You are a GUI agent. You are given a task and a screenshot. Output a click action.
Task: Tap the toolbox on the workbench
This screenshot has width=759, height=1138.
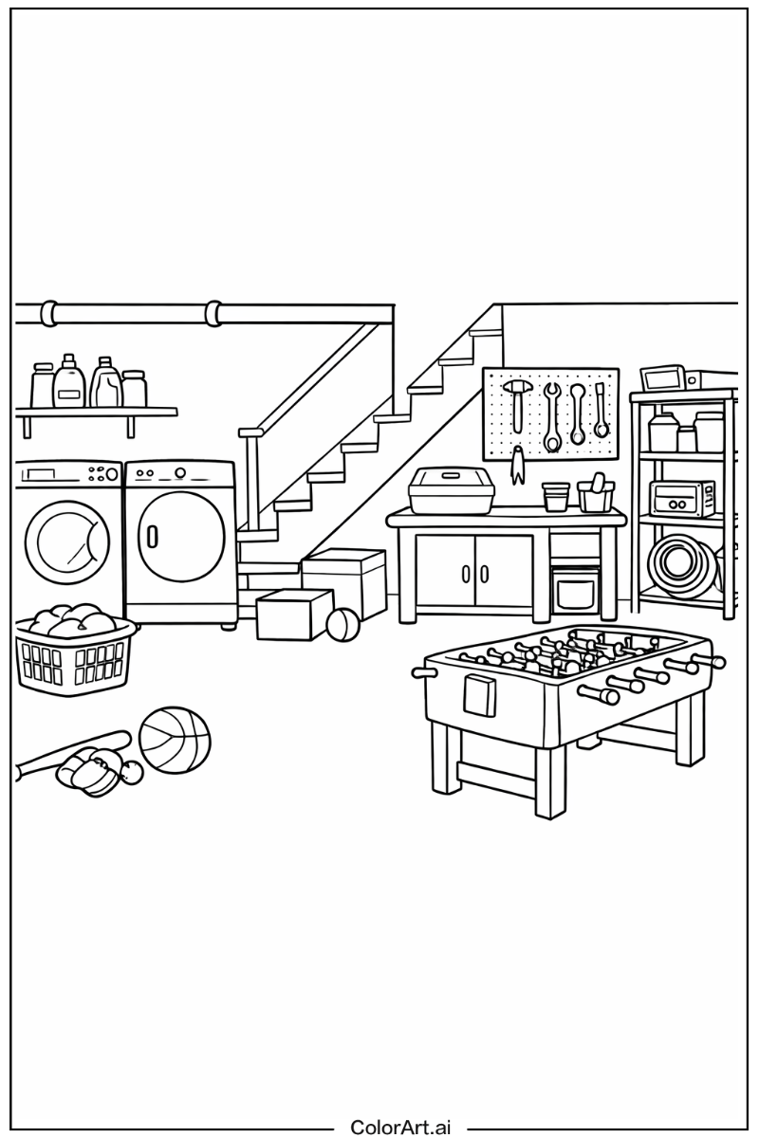click(451, 490)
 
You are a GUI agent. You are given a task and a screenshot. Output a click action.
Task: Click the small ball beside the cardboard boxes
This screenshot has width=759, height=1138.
click(342, 625)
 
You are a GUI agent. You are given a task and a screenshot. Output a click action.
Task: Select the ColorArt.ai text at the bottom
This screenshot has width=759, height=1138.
click(400, 1127)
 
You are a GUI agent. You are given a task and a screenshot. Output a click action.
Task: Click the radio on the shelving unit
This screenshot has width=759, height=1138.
click(681, 497)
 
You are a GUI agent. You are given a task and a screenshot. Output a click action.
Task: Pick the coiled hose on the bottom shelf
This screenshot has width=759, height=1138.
click(680, 562)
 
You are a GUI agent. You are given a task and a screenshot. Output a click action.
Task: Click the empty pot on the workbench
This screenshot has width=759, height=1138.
click(556, 496)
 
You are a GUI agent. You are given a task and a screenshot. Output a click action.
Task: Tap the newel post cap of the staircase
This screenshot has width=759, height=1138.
click(250, 431)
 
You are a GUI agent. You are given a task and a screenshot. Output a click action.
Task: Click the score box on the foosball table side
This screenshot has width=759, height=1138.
click(480, 695)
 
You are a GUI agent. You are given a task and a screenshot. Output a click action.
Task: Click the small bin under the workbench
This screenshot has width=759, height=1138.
click(576, 591)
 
